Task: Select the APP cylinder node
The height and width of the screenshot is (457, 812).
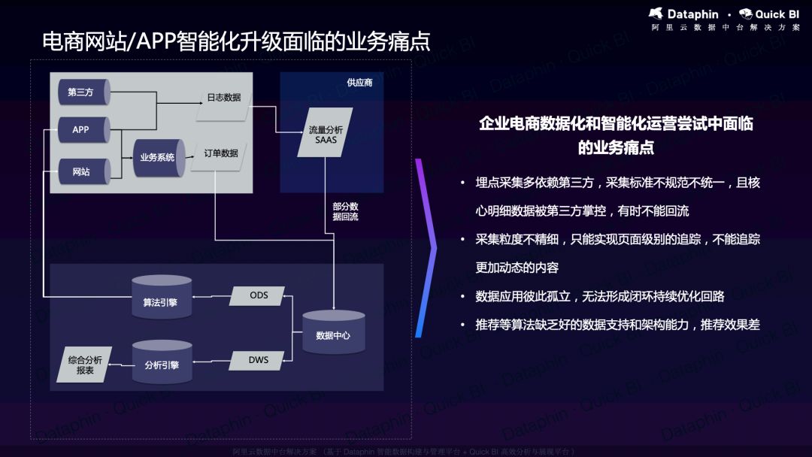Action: [81, 129]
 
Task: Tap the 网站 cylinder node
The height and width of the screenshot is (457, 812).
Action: [81, 171]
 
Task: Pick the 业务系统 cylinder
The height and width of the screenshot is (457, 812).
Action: [158, 157]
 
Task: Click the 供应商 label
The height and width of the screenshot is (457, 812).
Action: [359, 83]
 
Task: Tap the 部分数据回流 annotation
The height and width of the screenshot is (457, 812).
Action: [345, 211]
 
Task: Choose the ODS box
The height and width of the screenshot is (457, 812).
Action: [259, 295]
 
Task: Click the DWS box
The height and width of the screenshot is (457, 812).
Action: [259, 360]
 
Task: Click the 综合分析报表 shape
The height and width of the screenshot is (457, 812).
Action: [84, 365]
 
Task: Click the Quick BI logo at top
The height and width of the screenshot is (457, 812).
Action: [768, 14]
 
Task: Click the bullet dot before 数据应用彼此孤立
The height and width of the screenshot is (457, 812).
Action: [463, 297]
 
